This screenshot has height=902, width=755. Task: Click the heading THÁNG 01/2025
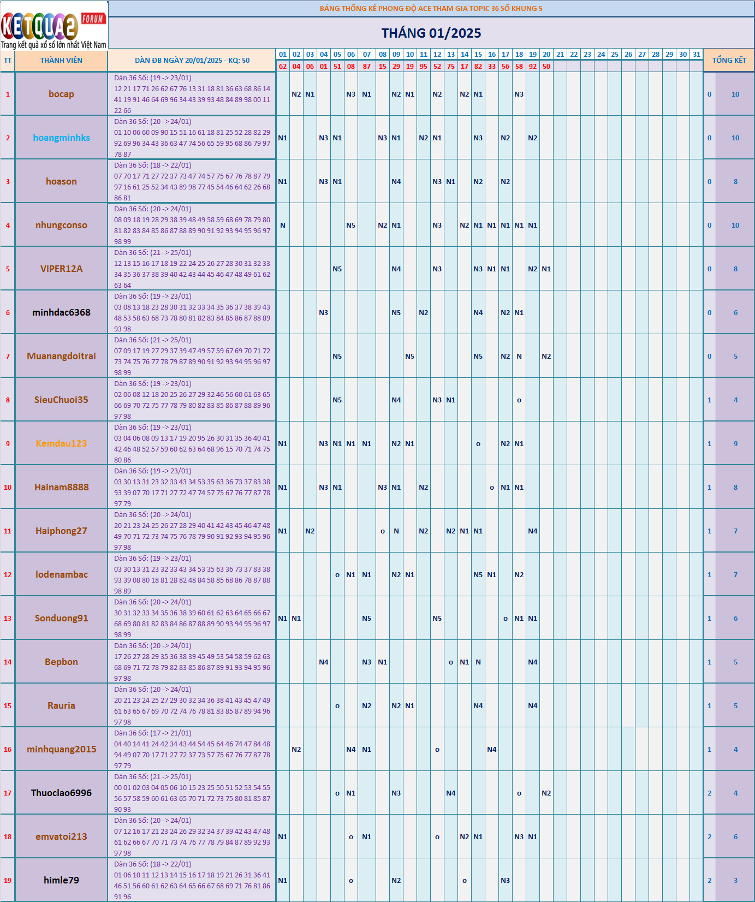[x=431, y=33]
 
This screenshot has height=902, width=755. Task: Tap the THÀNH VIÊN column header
[x=61, y=61]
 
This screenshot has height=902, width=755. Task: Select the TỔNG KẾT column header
[x=729, y=61]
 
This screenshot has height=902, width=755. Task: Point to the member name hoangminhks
[x=61, y=138]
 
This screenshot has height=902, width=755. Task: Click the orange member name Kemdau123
[x=61, y=443]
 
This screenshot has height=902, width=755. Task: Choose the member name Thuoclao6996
[x=61, y=793]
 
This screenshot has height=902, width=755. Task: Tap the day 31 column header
[x=697, y=55]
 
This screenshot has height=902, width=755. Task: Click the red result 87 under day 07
[x=367, y=67]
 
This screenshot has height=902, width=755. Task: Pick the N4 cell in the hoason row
[x=396, y=181]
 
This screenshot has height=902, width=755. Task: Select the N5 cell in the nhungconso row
[x=351, y=225]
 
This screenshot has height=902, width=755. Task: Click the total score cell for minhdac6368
[x=735, y=312]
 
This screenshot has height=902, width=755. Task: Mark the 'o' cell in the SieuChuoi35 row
[x=519, y=400]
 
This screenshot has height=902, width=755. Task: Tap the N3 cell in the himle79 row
[x=506, y=880]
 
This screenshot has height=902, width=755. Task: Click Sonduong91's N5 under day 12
[x=437, y=618]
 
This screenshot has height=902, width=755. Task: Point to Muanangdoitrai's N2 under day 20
[x=546, y=356]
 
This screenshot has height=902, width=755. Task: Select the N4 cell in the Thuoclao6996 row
[x=451, y=793]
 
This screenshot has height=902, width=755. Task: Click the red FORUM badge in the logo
[x=93, y=19]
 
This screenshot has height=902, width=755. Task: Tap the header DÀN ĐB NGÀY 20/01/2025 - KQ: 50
[x=192, y=61]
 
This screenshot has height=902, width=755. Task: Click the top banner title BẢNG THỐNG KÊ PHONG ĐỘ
[x=431, y=9]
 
